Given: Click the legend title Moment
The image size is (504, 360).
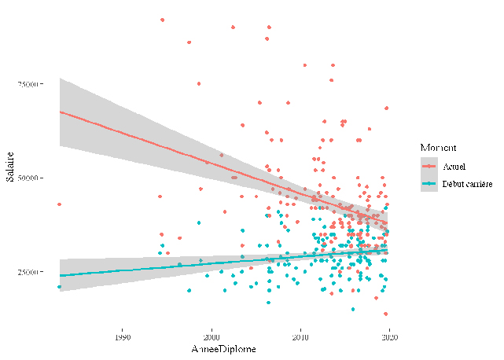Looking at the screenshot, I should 433,147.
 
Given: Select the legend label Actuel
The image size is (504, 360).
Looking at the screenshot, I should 454,167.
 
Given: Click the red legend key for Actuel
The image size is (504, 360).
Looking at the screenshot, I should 429,167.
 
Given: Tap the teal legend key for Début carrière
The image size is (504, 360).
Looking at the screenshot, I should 429,186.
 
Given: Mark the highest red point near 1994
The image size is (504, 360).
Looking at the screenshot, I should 162,20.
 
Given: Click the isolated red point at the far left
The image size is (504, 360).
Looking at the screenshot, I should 59,204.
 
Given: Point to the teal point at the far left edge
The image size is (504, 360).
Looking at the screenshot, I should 59,287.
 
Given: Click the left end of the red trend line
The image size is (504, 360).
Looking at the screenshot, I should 61,112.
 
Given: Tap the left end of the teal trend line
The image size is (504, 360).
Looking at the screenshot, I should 61,276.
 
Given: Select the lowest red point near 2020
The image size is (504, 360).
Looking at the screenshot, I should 386,314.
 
